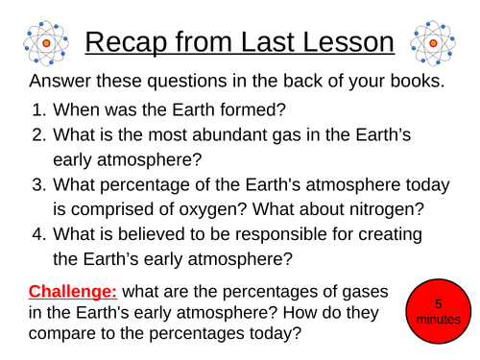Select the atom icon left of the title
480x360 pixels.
tap(43, 43)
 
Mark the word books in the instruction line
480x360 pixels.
tap(410, 82)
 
